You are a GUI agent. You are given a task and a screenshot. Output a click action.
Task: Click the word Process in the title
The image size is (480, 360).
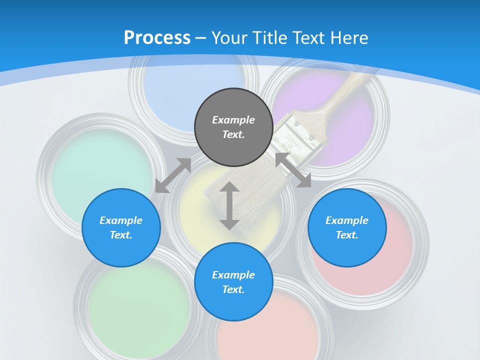(x=157, y=37)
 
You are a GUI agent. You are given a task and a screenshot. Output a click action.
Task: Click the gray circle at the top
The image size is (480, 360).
(x=233, y=127)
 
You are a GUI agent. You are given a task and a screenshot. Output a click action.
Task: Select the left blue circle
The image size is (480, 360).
(x=121, y=227)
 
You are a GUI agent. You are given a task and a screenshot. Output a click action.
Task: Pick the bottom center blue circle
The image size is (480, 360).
(x=233, y=282)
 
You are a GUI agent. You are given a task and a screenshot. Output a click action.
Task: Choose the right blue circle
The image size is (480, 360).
(x=347, y=227)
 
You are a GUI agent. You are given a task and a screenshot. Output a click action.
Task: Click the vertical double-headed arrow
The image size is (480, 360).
(x=229, y=205)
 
